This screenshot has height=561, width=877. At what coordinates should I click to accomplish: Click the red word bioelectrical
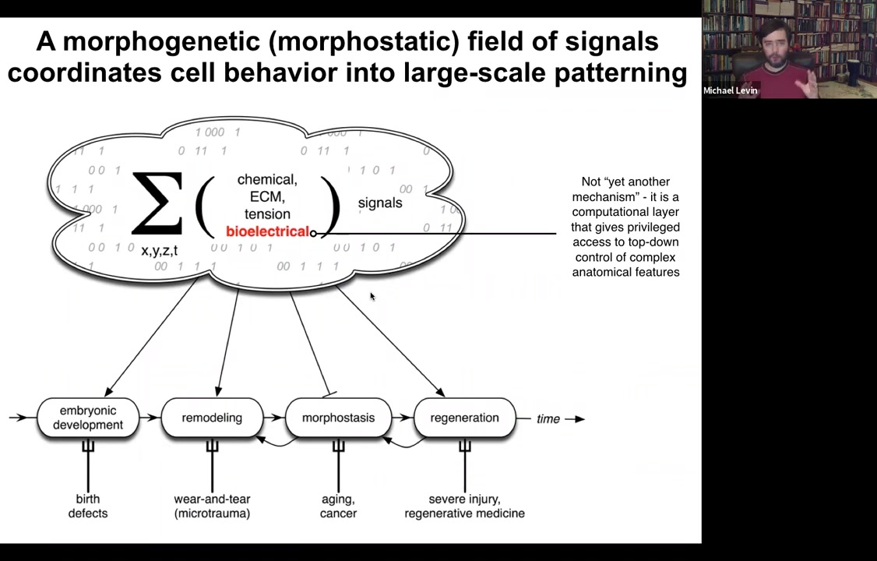coord(267,231)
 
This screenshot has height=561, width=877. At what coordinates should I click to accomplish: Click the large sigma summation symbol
coord(157,203)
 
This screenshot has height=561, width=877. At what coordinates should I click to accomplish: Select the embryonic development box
coord(88,418)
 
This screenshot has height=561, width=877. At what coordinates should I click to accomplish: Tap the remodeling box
coord(212,418)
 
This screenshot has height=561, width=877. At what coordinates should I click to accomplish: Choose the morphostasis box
coord(338,418)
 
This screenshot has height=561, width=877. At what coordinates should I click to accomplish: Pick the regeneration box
coord(464,418)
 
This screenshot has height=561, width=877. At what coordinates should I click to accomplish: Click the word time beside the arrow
coord(548,419)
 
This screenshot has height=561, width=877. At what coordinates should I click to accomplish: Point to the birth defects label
coord(88,506)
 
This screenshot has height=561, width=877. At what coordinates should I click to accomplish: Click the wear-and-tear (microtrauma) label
coord(212,506)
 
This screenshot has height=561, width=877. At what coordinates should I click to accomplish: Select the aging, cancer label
coord(338,506)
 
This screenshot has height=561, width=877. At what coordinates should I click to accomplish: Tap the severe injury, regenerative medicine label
coord(464,506)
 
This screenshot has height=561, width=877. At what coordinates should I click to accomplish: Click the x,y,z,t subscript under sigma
coord(159,250)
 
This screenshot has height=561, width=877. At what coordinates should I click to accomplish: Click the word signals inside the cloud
coord(380,203)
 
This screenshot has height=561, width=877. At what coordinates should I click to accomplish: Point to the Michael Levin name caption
coord(730,90)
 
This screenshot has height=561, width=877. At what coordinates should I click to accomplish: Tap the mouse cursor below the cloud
coord(372,296)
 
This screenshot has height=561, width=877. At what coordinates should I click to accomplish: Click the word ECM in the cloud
coord(266,197)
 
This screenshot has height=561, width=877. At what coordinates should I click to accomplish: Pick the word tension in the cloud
coord(267,214)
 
